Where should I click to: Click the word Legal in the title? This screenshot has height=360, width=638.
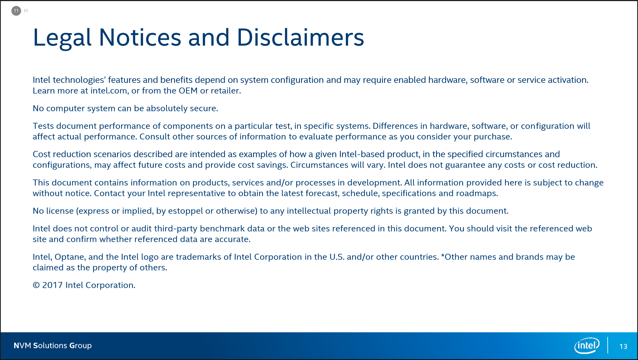[x=62, y=38]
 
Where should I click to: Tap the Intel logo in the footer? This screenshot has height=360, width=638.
[x=587, y=345]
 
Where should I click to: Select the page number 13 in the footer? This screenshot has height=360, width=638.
[x=623, y=346]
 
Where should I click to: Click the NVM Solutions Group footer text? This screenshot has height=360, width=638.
[x=53, y=346]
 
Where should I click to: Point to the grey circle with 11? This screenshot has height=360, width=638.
[x=16, y=11]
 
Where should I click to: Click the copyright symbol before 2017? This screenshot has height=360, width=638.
[x=36, y=285]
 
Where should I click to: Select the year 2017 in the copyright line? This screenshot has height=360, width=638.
[x=53, y=285]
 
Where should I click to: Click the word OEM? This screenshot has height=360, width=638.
[x=188, y=91]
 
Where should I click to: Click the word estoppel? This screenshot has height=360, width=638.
[x=185, y=211]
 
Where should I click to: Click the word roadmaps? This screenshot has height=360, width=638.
[x=477, y=193]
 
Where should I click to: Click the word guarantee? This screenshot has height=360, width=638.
[x=465, y=165]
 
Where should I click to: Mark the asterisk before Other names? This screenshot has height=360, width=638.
[x=443, y=256]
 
